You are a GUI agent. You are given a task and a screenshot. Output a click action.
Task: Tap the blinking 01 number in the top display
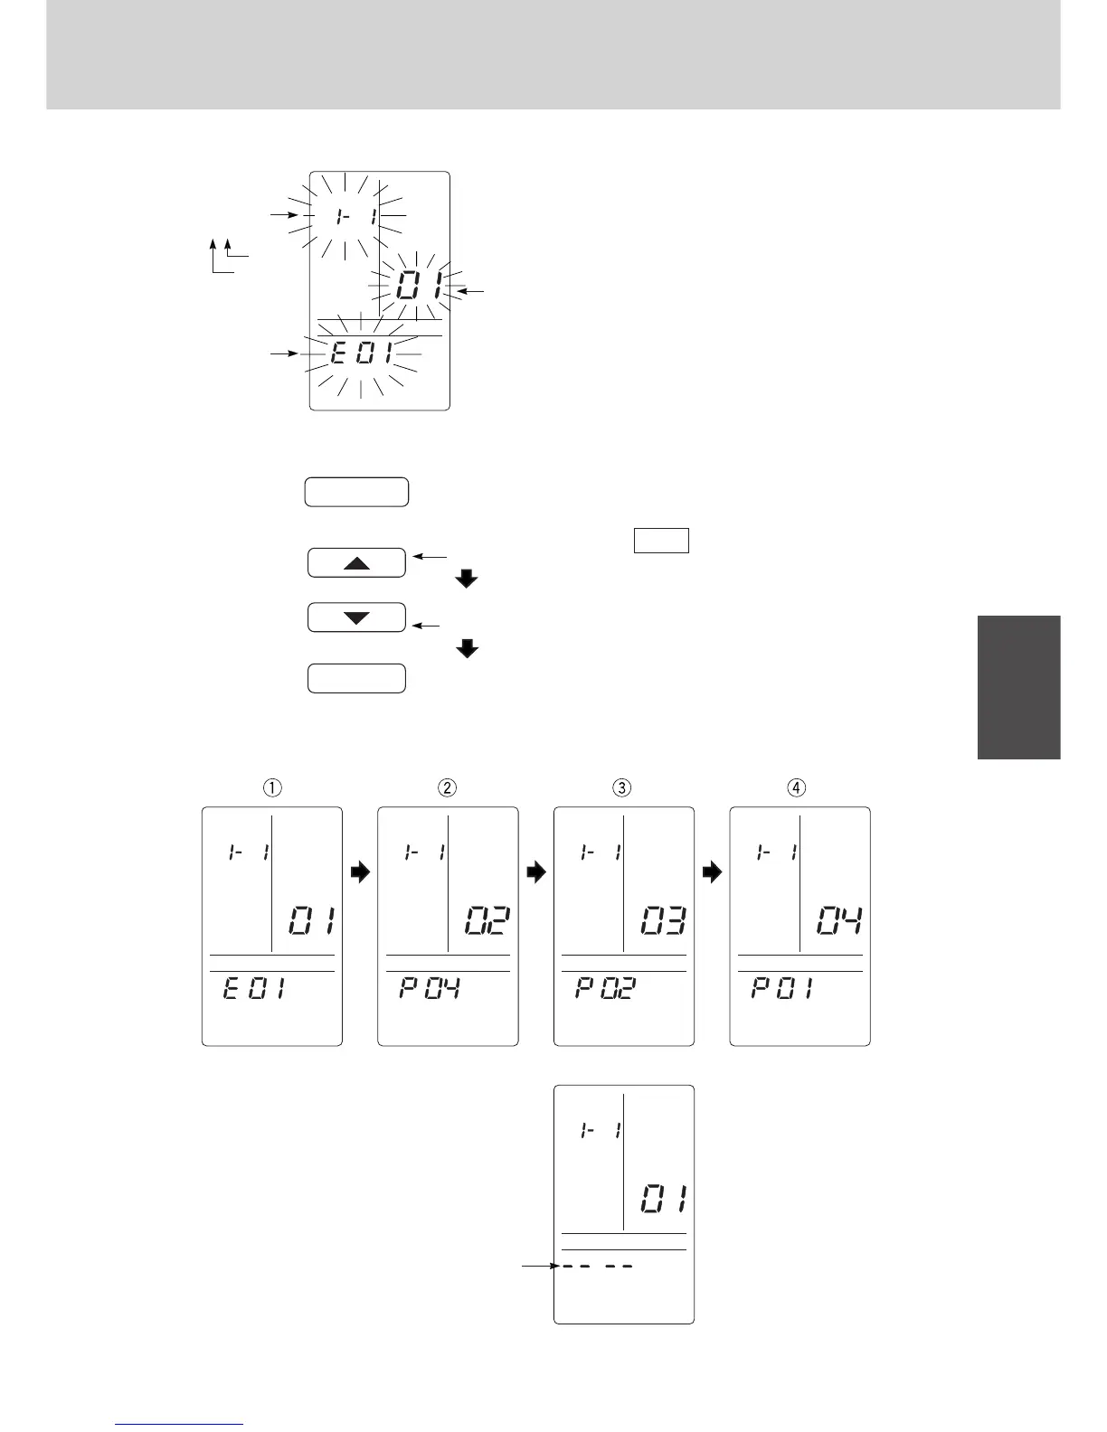coord(418,289)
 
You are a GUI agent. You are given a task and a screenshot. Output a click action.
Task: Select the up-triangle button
coord(356,562)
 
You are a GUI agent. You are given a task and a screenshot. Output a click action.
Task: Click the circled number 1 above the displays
coord(271,787)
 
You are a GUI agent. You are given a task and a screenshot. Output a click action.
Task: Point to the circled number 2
coord(447,787)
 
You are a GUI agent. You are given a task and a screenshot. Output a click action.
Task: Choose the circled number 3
coord(622,787)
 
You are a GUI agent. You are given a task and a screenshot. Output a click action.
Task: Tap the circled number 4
coord(797,787)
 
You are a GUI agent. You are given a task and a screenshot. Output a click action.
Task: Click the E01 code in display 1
coord(253,989)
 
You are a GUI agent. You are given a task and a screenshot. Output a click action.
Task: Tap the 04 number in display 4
coord(838,923)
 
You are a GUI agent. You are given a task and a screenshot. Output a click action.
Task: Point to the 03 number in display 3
coord(663,923)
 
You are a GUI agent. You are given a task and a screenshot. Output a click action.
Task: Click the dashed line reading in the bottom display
coord(595,1267)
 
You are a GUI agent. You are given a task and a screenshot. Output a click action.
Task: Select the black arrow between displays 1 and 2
coord(360,872)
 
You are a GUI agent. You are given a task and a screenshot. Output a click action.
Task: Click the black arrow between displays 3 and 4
coord(712,872)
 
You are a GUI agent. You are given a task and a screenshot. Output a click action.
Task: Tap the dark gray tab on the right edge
coord(1018,687)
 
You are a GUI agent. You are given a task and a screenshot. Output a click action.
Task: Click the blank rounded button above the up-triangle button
coord(356,493)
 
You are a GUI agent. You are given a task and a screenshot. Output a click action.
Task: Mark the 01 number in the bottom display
coord(663,1201)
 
